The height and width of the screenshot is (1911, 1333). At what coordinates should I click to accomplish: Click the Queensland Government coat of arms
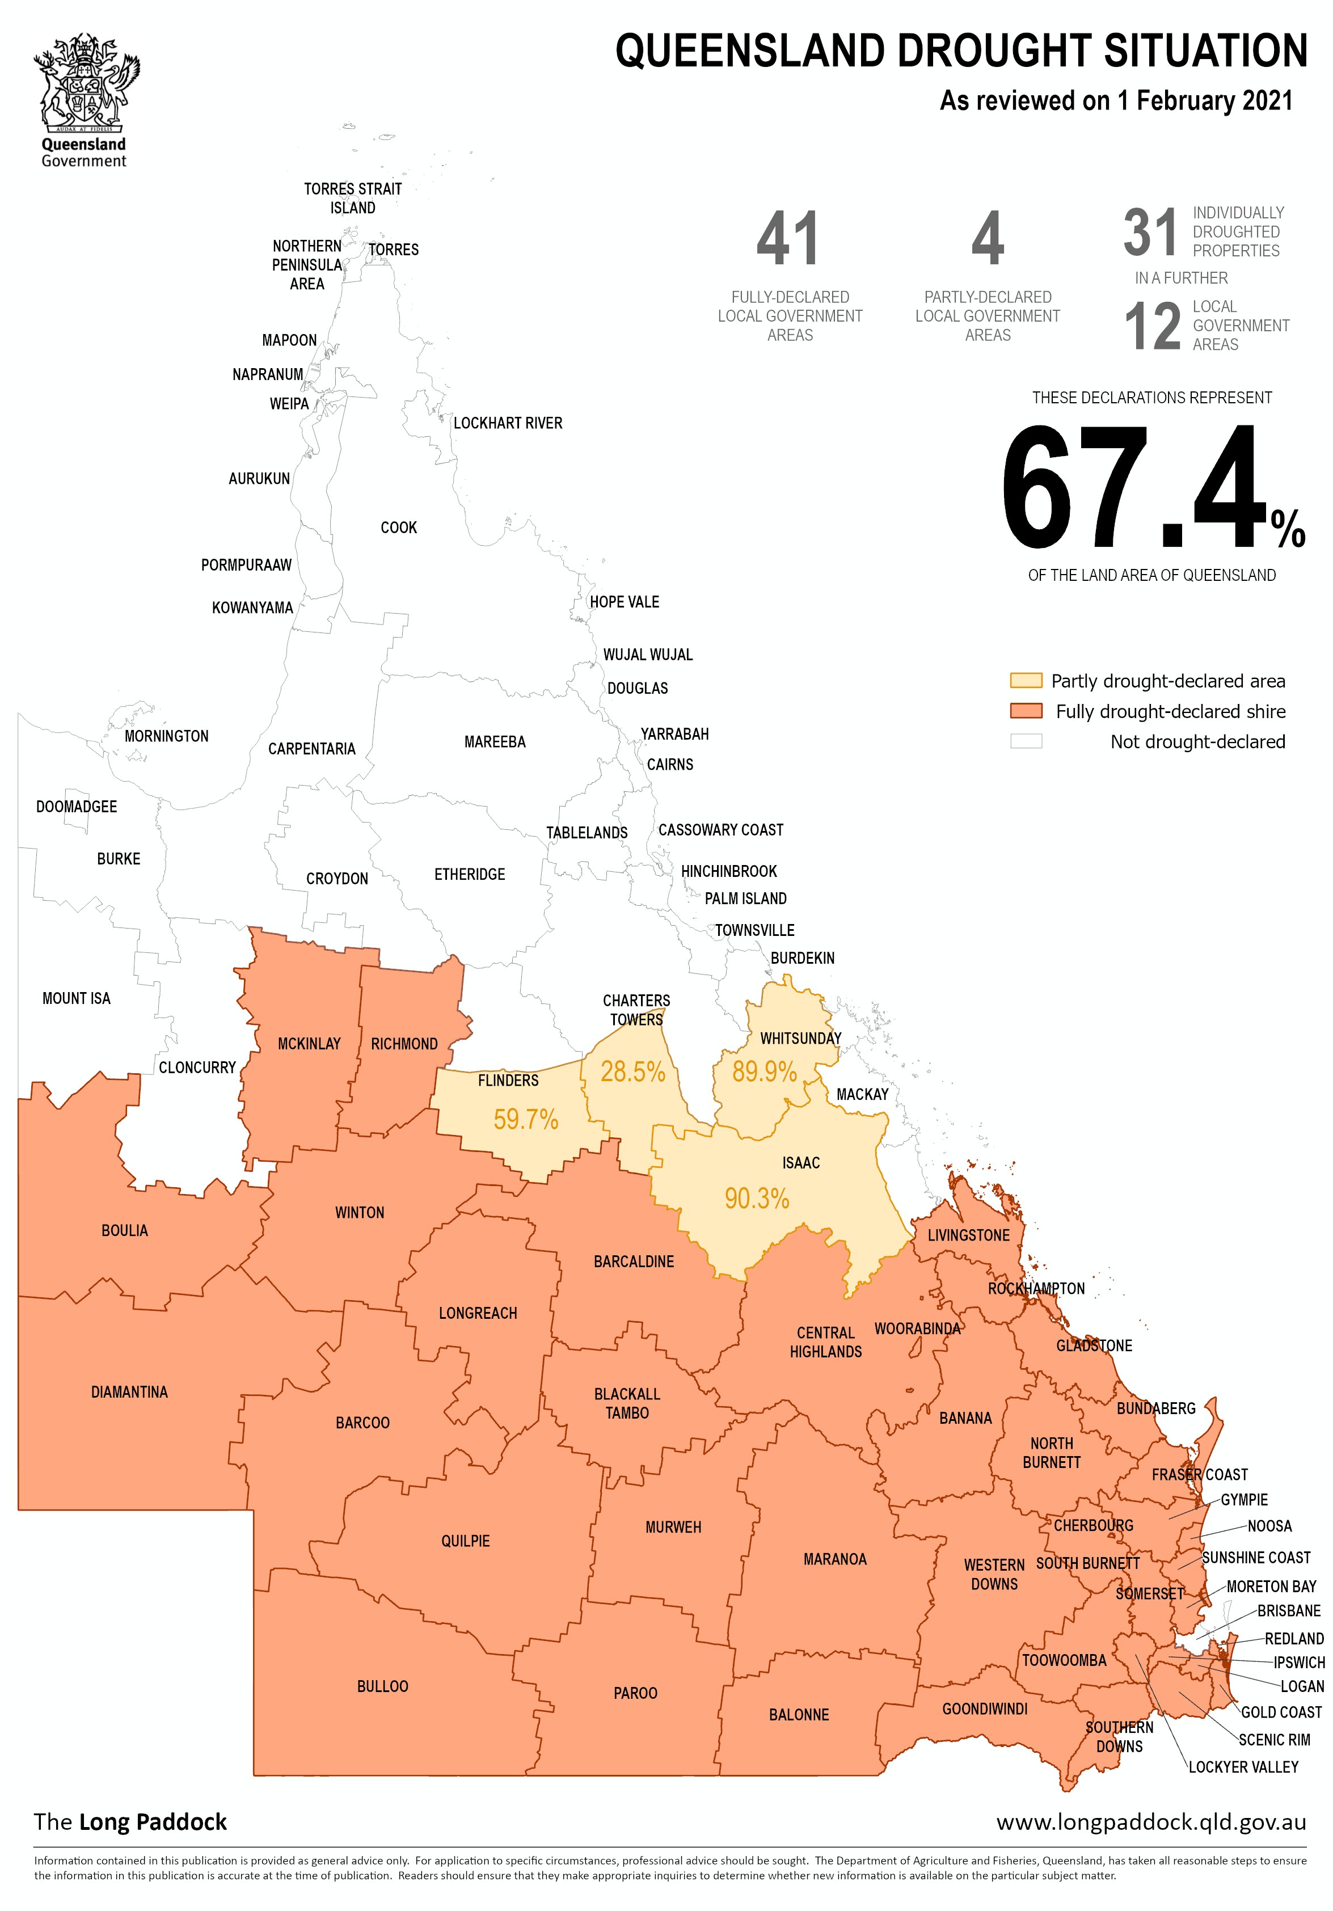pyautogui.click(x=86, y=83)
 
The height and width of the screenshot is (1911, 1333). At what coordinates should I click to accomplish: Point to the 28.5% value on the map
pyautogui.click(x=633, y=1072)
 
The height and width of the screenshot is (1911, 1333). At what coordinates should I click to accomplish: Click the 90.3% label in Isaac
pyautogui.click(x=756, y=1199)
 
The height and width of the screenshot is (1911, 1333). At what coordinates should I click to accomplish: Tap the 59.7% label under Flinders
pyautogui.click(x=525, y=1120)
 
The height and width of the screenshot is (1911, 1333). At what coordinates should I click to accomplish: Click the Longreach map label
pyautogui.click(x=478, y=1313)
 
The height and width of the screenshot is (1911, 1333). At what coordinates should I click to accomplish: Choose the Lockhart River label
pyautogui.click(x=508, y=423)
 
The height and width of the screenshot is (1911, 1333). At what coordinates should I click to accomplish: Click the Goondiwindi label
pyautogui.click(x=984, y=1708)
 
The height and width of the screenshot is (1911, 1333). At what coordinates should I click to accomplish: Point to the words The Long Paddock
pyautogui.click(x=130, y=1822)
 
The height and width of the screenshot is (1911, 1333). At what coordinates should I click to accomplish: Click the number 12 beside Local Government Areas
pyautogui.click(x=1153, y=326)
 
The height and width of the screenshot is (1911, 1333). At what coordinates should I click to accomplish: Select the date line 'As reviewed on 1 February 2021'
pyautogui.click(x=1116, y=101)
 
